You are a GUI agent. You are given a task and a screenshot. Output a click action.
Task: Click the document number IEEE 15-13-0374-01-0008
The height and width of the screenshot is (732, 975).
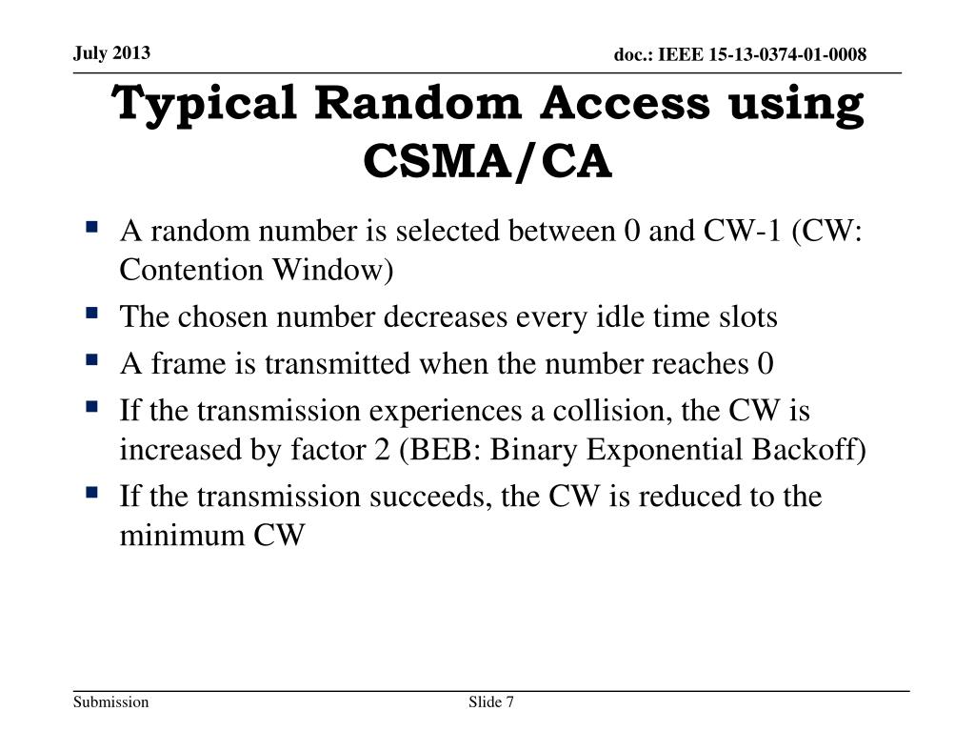point(740,54)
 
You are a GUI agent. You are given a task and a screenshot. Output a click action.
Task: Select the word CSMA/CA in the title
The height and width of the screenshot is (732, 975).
point(487,161)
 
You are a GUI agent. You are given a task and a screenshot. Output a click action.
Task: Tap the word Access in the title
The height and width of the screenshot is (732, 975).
point(624,103)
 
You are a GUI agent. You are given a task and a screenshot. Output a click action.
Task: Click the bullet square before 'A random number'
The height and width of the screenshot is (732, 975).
point(91,228)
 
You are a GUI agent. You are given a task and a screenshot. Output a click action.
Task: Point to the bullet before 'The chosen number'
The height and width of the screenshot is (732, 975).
point(91,313)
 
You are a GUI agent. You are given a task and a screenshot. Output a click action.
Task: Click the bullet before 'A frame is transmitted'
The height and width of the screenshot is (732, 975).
point(91,360)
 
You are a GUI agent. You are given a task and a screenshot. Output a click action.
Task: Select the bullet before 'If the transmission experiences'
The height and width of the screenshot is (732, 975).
point(91,407)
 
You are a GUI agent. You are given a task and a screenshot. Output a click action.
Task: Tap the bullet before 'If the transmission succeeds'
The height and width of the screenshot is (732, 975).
point(91,493)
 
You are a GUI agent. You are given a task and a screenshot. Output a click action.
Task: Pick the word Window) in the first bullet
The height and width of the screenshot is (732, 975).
point(334,270)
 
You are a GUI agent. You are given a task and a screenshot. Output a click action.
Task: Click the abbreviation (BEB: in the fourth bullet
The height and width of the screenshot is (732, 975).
point(438,450)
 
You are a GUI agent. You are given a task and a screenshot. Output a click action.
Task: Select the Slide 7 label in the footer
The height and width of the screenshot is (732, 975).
point(491,702)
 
